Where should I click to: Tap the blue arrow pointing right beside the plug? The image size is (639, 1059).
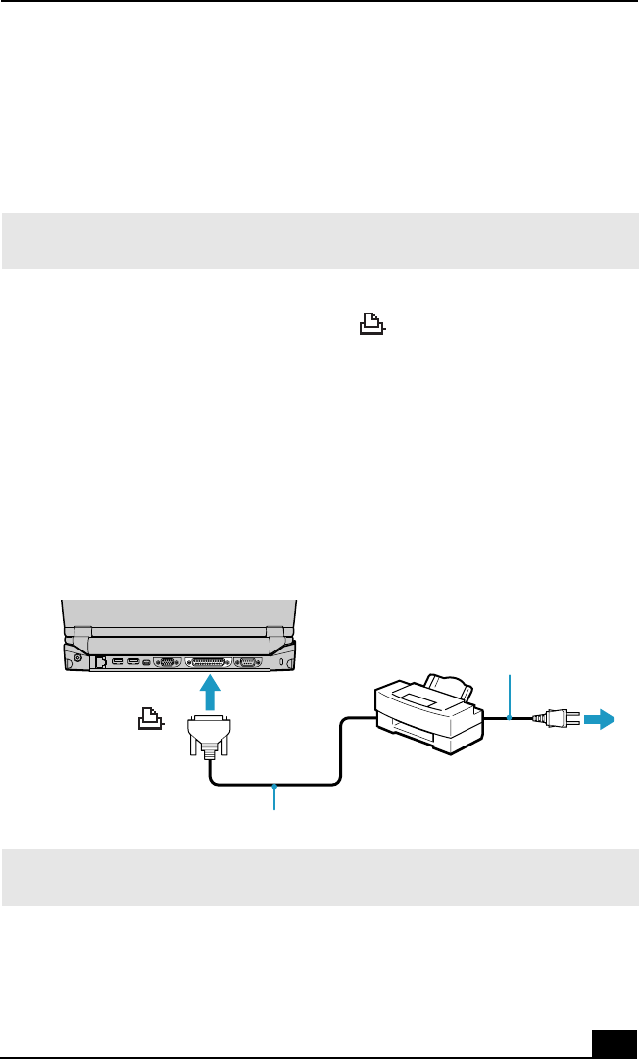[x=598, y=720]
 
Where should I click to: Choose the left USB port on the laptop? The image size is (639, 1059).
[x=118, y=662]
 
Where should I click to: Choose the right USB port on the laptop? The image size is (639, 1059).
[x=134, y=662]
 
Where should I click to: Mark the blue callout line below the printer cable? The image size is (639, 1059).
[x=276, y=798]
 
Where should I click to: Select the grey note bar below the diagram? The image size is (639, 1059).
[x=319, y=877]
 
